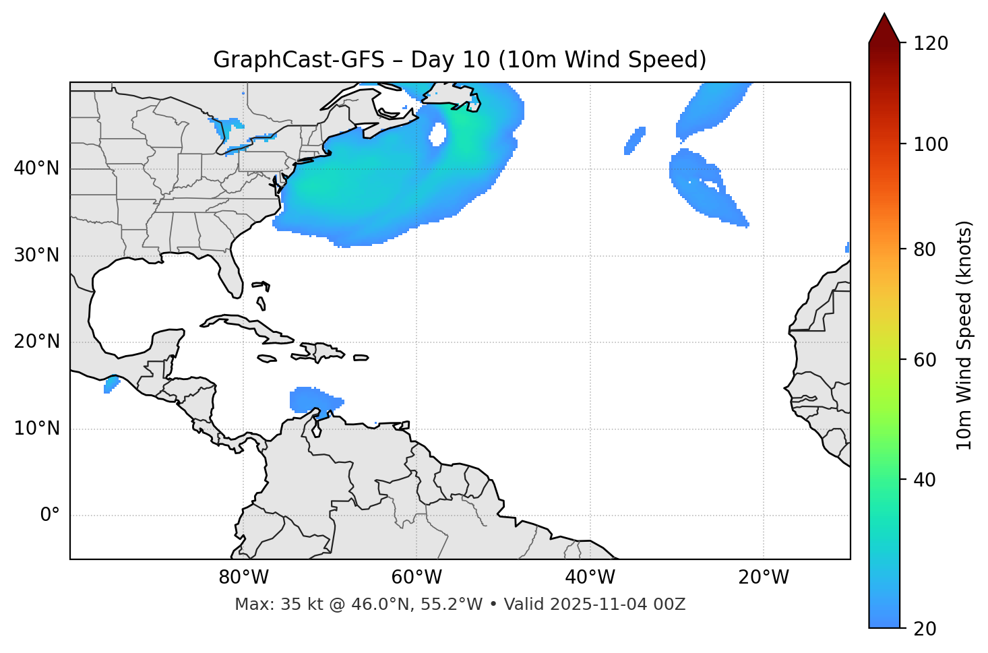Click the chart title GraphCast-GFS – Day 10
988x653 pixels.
point(460,60)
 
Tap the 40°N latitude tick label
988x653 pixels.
point(36,168)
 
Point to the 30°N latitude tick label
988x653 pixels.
point(36,255)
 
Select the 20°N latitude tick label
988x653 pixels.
point(36,342)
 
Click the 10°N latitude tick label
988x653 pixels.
point(36,429)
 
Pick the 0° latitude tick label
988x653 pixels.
point(50,516)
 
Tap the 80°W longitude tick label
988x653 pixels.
point(243,578)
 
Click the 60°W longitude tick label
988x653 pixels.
point(416,578)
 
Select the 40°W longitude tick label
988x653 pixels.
point(590,578)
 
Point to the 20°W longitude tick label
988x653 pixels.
point(763,578)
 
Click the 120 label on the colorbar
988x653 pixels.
point(931,44)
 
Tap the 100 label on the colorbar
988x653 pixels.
point(931,144)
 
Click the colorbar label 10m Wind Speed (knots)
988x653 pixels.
point(964,335)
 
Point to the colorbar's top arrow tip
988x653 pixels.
point(884,13)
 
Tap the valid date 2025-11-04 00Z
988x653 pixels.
point(617,604)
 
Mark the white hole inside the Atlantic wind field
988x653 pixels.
point(437,133)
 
